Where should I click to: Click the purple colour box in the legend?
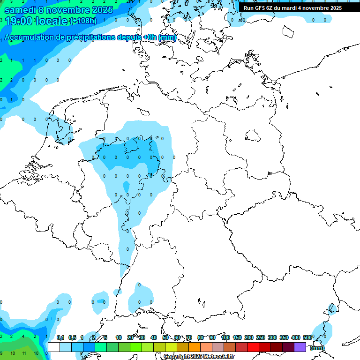pos(300,347)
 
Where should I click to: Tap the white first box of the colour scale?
pos(54,347)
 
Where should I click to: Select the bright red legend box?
pos(253,347)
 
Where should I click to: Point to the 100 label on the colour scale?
pos(225,337)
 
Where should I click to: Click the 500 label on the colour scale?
pos(307,337)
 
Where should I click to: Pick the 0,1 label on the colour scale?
pos(60,337)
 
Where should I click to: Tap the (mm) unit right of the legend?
pos(317,348)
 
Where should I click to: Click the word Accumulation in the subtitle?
pos(29,37)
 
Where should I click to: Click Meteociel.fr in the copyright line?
pos(217,357)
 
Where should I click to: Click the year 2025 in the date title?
pos(100,10)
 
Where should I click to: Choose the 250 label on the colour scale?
pos(261,337)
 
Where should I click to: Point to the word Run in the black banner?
pos(248,8)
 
